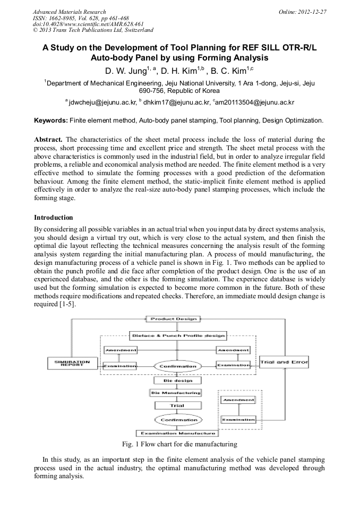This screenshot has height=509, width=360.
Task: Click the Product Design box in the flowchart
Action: pyautogui.click(x=173, y=319)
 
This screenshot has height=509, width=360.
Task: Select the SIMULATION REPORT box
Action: pyautogui.click(x=72, y=363)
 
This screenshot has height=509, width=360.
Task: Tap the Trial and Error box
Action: pyautogui.click(x=284, y=363)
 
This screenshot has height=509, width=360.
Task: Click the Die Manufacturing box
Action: pyautogui.click(x=176, y=393)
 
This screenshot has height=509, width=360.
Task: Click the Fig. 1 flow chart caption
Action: pyautogui.click(x=179, y=444)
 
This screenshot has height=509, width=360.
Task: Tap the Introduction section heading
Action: pyautogui.click(x=54, y=218)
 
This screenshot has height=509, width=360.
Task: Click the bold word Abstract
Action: pyautogui.click(x=48, y=139)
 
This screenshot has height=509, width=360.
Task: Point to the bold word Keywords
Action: pyautogui.click(x=50, y=120)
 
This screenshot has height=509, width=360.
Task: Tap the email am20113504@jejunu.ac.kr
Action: pyautogui.click(x=255, y=101)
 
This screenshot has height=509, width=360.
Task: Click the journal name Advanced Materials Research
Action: pyautogui.click(x=69, y=12)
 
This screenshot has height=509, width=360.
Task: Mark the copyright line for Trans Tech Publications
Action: pyautogui.click(x=93, y=30)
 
